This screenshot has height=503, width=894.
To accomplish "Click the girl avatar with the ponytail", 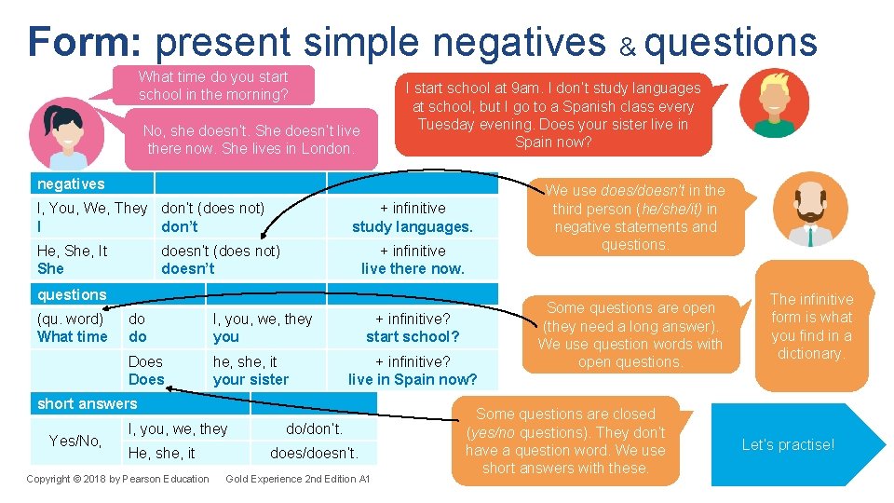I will pyautogui.click(x=61, y=129).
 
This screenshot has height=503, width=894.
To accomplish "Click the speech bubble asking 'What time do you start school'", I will pyautogui.click(x=213, y=86).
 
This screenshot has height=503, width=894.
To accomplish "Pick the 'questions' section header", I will pyautogui.click(x=73, y=294).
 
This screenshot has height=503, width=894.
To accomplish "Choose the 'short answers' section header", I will pyautogui.click(x=87, y=403).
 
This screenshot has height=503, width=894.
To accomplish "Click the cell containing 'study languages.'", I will pyautogui.click(x=412, y=217).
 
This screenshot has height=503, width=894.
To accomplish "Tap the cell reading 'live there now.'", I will pyautogui.click(x=412, y=260).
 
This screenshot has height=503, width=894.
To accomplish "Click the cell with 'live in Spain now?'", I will pyautogui.click(x=412, y=371).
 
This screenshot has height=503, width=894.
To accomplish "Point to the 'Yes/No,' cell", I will pyautogui.click(x=75, y=441).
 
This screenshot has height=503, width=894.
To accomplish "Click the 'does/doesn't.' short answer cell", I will pyautogui.click(x=314, y=454).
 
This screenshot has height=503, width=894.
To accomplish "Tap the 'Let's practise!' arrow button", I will pyautogui.click(x=792, y=444).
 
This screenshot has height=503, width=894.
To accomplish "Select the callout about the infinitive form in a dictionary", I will pyautogui.click(x=811, y=327).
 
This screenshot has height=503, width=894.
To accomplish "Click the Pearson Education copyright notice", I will pyautogui.click(x=117, y=479).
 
